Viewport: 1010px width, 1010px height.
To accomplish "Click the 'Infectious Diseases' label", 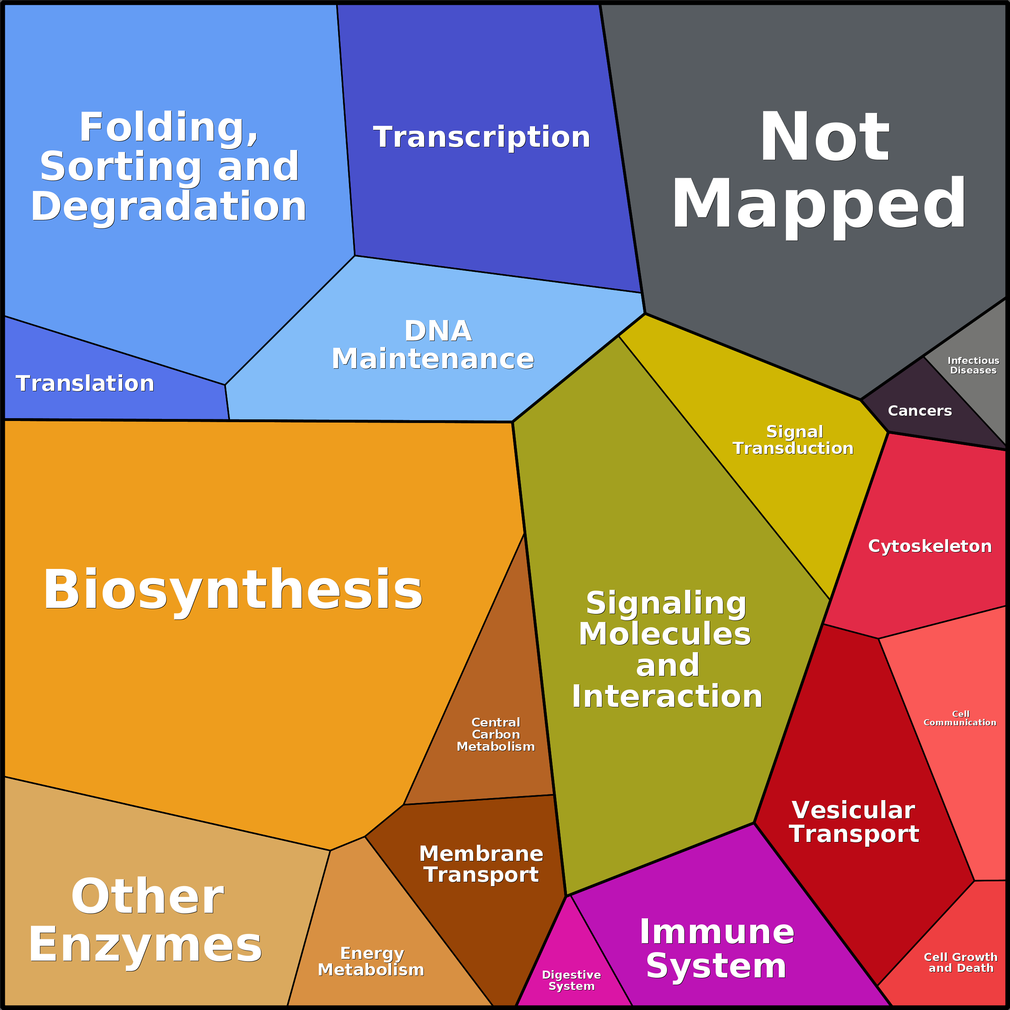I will pos(973,365).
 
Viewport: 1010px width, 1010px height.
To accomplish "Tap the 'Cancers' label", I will pos(920,411).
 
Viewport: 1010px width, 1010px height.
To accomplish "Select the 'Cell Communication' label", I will pos(960,718).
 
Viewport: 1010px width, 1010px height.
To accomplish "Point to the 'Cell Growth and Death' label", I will pos(960,963).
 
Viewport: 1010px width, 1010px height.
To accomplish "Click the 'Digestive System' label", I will pos(571,980).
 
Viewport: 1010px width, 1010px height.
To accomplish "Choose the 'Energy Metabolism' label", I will pos(371,961).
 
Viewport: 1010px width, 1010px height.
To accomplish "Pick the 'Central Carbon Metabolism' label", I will pos(496,735).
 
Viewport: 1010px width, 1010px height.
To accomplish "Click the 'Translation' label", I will pos(85,384).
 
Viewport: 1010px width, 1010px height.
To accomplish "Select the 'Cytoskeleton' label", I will pos(930,546).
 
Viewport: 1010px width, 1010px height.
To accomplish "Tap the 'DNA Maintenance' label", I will pos(433,345).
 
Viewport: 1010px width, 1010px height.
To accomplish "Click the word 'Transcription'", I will pos(481,137).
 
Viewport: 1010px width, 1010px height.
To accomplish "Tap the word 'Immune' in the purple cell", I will pos(717,932).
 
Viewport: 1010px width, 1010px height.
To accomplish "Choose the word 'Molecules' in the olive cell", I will pos(665,634).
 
